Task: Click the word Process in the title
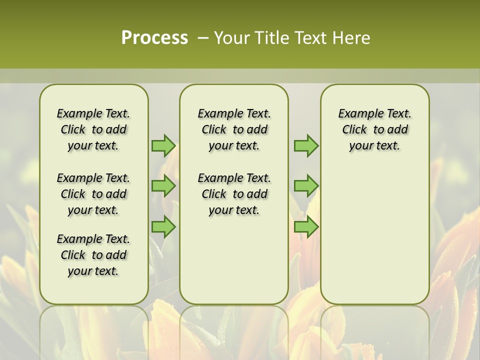point(154,37)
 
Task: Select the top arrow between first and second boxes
point(163,146)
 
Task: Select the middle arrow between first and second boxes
point(163,186)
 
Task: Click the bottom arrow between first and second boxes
point(163,227)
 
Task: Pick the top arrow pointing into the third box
point(306,146)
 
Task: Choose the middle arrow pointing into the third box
point(306,186)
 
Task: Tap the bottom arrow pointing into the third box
point(306,227)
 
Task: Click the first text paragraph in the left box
point(93,129)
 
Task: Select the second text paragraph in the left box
point(93,194)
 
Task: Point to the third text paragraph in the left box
point(93,255)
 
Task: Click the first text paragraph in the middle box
point(234,129)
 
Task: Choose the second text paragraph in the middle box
point(234,194)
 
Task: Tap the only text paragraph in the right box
point(375,129)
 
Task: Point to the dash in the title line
point(203,37)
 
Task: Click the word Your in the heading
point(233,37)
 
